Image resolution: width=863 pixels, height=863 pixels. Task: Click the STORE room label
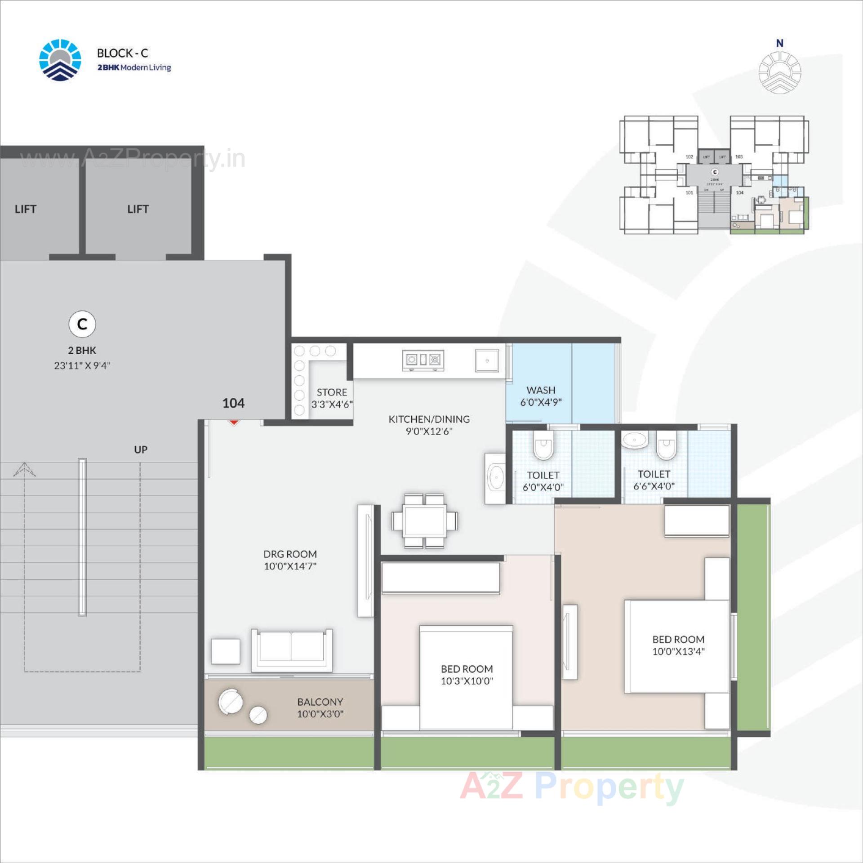tap(332, 392)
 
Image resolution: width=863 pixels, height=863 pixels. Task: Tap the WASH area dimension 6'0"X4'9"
tap(541, 402)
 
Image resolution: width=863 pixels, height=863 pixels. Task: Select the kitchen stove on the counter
tap(423, 360)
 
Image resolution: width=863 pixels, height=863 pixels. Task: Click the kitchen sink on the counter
tap(487, 360)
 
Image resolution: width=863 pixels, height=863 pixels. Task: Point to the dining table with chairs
tap(424, 521)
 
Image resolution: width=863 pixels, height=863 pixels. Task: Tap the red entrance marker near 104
tap(233, 422)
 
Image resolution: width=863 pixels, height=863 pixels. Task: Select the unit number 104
tap(233, 403)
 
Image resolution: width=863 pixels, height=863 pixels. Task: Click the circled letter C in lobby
tap(82, 324)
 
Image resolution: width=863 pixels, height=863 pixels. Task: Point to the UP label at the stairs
tap(141, 449)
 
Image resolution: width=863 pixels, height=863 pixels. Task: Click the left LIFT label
tap(25, 209)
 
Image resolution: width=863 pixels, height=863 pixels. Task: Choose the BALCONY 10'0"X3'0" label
tap(320, 707)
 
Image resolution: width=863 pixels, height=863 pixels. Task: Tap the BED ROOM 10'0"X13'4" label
tap(678, 645)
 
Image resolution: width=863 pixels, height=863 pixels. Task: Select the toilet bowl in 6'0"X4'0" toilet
tap(543, 445)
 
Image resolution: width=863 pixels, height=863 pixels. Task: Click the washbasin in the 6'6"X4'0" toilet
tap(635, 440)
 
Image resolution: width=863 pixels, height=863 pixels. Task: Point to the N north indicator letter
tap(780, 43)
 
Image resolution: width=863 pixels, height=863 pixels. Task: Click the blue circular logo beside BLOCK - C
tap(60, 60)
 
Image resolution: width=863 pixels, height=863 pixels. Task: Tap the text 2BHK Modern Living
tap(134, 67)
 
